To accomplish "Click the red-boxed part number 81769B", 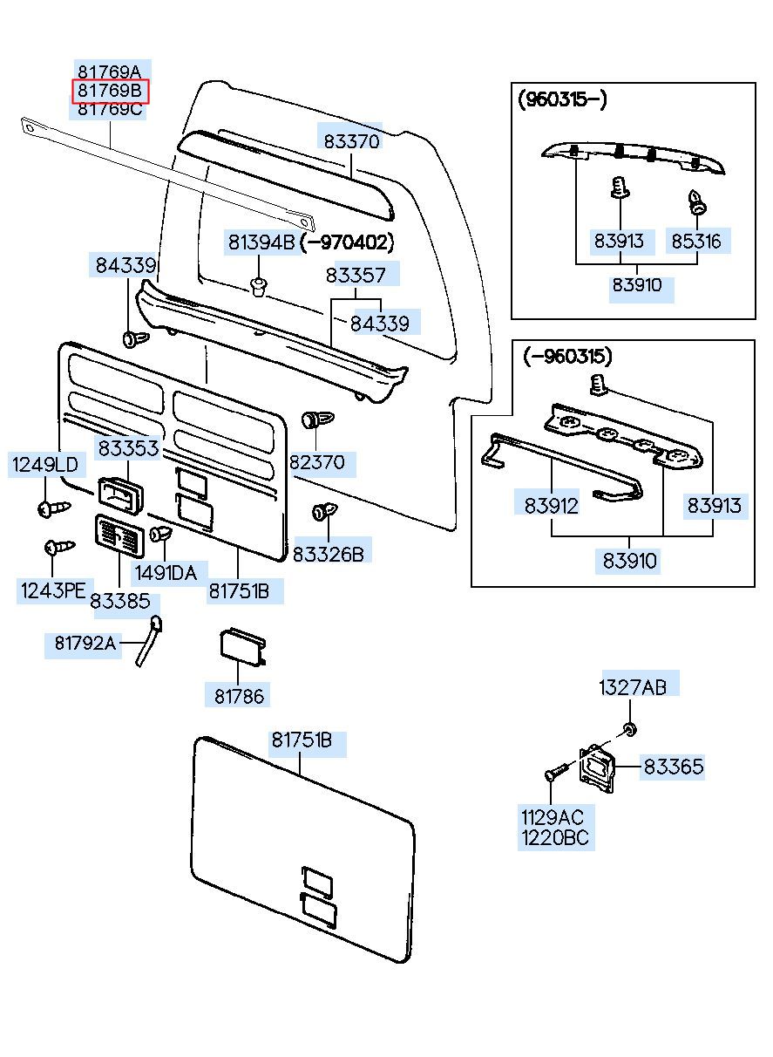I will (x=111, y=91).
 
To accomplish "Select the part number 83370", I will (x=351, y=140).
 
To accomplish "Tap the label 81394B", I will (x=261, y=242).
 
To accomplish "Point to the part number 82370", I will (x=317, y=462).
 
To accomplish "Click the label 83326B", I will (x=328, y=553).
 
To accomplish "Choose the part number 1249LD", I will (x=44, y=465).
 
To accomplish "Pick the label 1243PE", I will (x=52, y=590).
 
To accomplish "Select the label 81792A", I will (x=85, y=643).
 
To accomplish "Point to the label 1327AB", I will (x=632, y=687).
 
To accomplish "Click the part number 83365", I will (x=674, y=767).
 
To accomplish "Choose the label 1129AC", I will (x=553, y=817).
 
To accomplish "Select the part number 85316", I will (x=696, y=241).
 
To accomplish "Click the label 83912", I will (x=552, y=505).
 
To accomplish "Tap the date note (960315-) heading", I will (x=563, y=99).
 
